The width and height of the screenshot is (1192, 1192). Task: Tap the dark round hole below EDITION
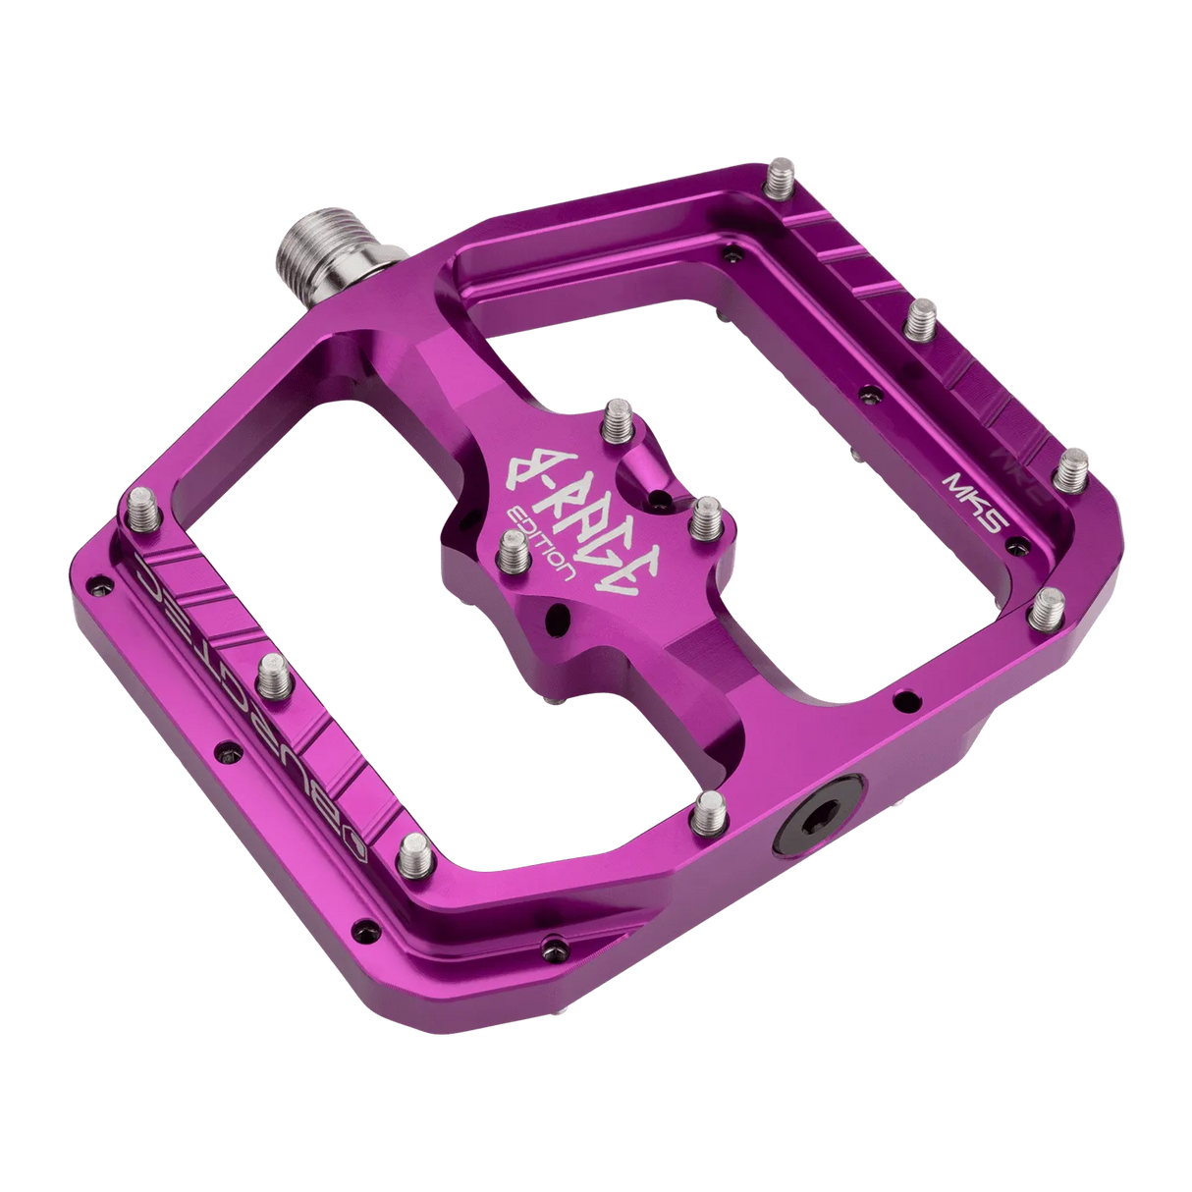(x=560, y=619)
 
